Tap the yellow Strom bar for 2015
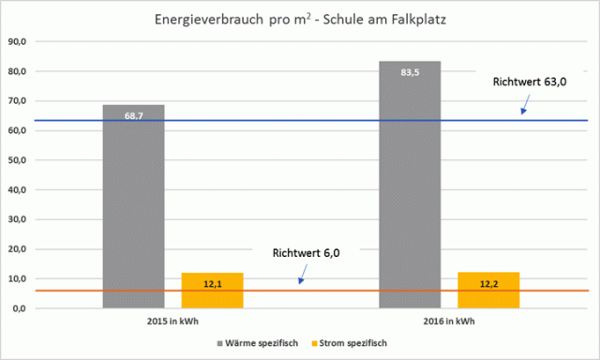pos(211,290)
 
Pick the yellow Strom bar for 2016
pos(488,290)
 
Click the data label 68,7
pos(133,116)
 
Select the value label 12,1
pos(211,283)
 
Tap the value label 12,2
pos(488,283)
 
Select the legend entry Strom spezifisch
pos(352,343)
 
